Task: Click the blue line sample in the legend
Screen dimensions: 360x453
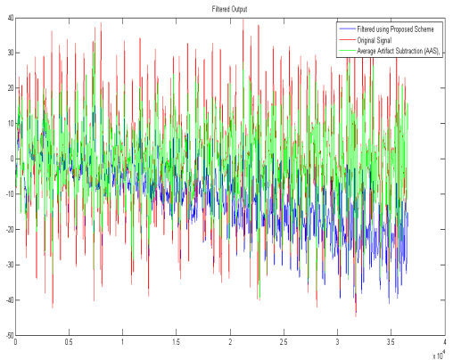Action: [x=347, y=29]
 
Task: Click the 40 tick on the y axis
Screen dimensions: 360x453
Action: [x=10, y=18]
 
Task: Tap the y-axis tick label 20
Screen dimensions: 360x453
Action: [x=10, y=88]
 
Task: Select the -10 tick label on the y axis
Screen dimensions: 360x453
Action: [x=8, y=194]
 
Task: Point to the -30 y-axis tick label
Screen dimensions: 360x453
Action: [x=8, y=265]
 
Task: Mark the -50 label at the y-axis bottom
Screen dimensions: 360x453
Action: [x=8, y=335]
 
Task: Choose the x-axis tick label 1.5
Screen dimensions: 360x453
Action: [x=177, y=342]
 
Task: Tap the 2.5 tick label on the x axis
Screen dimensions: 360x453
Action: [x=284, y=342]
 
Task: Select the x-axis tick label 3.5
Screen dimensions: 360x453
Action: [x=391, y=342]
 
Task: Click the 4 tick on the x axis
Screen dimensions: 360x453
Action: [x=444, y=342]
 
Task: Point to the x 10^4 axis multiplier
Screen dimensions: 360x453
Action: [x=436, y=354]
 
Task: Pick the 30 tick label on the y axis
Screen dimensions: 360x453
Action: [x=10, y=53]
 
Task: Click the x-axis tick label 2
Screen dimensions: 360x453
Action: [x=230, y=342]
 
